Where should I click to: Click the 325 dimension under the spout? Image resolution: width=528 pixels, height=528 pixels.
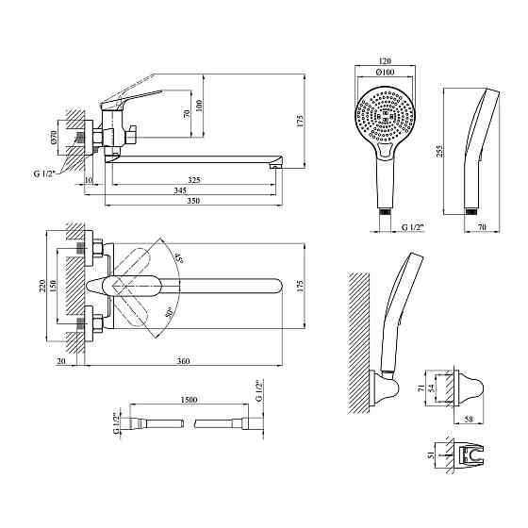coord(194,180)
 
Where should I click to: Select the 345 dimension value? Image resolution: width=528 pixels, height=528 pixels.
coord(180,190)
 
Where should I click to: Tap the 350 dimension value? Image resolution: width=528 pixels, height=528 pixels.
coord(193,200)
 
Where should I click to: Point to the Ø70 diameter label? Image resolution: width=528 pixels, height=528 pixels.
coord(54,138)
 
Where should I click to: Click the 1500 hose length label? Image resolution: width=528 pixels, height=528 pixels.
coord(189,400)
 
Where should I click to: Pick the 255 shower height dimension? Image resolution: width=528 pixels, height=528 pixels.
coord(439,151)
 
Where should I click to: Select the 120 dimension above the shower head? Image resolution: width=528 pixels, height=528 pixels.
coord(385,61)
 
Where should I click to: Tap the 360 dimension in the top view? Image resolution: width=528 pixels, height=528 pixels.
coord(184,361)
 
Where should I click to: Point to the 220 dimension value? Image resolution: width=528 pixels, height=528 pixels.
coord(42,286)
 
